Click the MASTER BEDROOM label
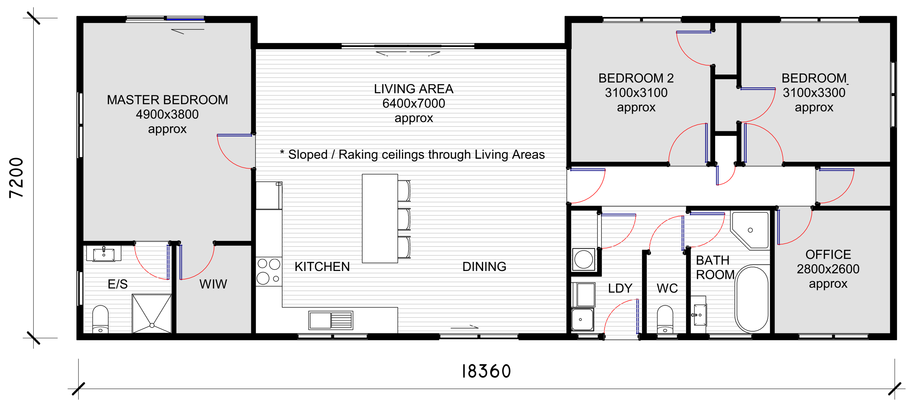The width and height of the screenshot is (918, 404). click(167, 100)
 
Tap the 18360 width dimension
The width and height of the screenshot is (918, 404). click(486, 371)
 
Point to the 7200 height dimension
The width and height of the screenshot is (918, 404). click(16, 178)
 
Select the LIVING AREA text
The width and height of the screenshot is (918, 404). click(413, 89)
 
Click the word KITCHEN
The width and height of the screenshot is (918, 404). click(322, 267)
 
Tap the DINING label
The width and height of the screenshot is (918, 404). click(484, 267)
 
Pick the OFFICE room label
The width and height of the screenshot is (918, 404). click(828, 255)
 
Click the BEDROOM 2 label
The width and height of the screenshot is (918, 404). click(636, 78)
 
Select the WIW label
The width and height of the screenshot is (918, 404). click(213, 284)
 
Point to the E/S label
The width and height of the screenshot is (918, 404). click(118, 284)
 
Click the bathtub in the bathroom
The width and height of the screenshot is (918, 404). click(752, 299)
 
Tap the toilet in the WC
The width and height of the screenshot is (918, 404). click(665, 319)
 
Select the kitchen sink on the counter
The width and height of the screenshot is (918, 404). click(331, 320)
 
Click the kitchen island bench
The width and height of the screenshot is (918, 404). click(380, 218)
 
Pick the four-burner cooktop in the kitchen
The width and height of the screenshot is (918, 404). click(269, 271)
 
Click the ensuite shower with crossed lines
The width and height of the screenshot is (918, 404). click(152, 314)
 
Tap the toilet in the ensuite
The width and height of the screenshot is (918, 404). click(100, 319)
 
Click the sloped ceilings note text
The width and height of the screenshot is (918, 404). click(412, 155)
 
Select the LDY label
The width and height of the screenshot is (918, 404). click(620, 288)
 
